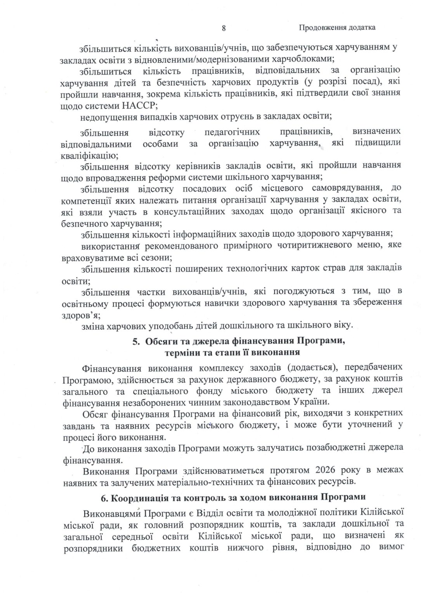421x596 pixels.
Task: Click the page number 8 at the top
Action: click(x=224, y=28)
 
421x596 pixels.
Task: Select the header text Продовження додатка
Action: click(x=337, y=28)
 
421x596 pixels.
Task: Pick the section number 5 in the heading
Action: click(x=135, y=341)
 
